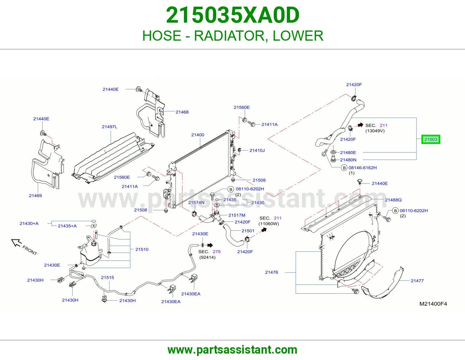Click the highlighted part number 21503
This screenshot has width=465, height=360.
coord(430,139)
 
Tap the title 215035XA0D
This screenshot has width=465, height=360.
coord(233,15)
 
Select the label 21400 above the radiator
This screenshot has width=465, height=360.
coord(198,135)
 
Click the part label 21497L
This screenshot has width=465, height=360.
coord(110,127)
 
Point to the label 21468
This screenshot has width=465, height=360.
coord(182,112)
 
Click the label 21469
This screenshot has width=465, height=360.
coord(35,196)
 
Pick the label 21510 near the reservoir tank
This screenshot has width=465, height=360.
coord(142,249)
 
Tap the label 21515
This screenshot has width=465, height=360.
coord(108,278)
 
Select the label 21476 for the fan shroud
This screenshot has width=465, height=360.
coord(271,272)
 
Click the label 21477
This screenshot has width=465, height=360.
coord(417,281)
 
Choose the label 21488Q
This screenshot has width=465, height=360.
coord(393,200)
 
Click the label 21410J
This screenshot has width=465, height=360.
coord(257,150)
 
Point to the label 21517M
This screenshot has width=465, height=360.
coord(237,215)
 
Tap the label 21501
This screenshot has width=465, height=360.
coord(248,231)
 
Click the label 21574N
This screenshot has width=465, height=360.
coord(196,202)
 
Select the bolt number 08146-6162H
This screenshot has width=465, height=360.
coord(362,168)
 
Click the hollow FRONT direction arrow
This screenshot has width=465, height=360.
coord(16,242)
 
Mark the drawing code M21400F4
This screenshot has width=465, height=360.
coord(433,304)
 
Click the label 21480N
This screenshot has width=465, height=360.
coord(348,160)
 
